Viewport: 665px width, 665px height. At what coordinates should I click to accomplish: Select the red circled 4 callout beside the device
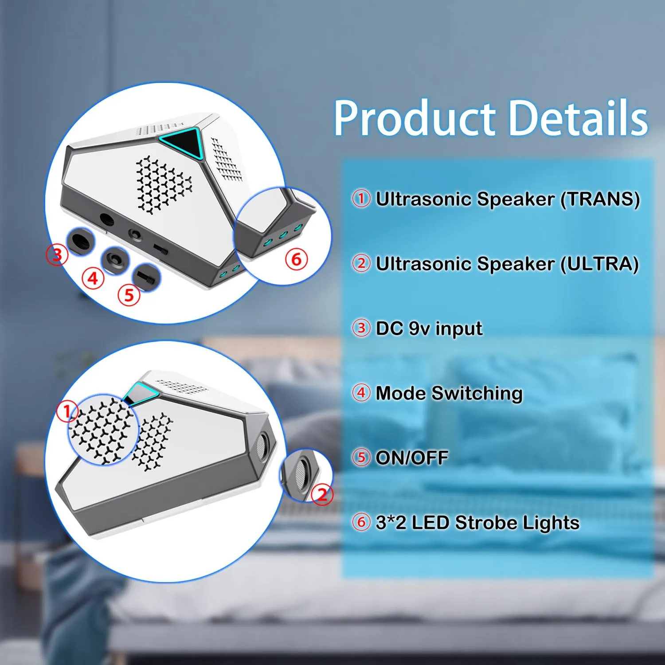tap(93, 278)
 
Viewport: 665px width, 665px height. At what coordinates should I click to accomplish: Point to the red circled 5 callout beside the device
tap(129, 295)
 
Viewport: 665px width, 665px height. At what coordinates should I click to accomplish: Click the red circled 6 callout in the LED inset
tap(296, 259)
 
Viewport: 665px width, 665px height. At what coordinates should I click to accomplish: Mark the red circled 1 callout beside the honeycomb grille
tap(67, 411)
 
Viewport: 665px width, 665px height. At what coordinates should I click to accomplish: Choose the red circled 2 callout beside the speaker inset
tap(322, 494)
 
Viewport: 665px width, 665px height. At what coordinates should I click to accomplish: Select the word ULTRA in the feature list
tap(599, 264)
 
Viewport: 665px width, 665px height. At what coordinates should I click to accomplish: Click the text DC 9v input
tap(429, 329)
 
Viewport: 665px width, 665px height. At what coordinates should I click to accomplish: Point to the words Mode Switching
tap(449, 393)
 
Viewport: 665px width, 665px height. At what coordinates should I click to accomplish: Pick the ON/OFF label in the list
tap(412, 458)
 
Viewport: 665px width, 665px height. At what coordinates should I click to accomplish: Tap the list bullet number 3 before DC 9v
tap(361, 328)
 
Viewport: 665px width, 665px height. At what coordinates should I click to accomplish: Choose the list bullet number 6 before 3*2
tap(361, 522)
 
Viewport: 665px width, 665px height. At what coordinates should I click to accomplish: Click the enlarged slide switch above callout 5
tap(147, 278)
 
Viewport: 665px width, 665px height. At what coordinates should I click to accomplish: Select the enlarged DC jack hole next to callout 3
tap(80, 242)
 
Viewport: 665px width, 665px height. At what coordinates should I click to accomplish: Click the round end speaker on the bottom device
tap(262, 443)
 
